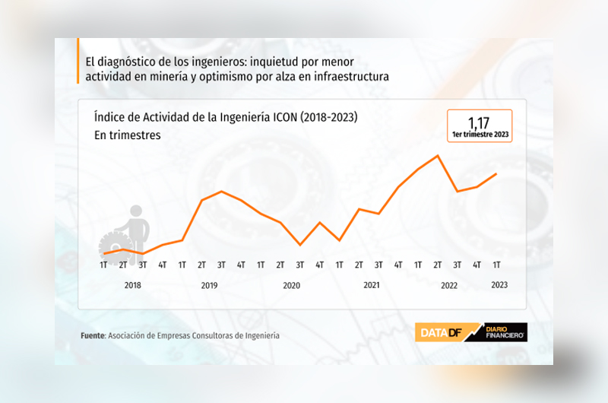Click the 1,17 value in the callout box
[x=480, y=122]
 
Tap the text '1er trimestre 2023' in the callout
[x=480, y=135]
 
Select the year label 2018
[x=132, y=286]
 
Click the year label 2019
[x=210, y=286]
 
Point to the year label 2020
[x=291, y=286]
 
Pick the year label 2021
[x=371, y=286]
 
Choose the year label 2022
[x=449, y=286]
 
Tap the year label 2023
[x=499, y=286]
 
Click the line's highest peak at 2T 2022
[x=438, y=156]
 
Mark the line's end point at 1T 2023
[x=496, y=173]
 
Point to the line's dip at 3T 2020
[x=300, y=245]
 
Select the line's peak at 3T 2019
[x=221, y=192]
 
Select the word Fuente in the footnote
[x=93, y=335]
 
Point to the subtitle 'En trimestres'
[x=128, y=135]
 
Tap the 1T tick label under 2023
[x=496, y=265]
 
